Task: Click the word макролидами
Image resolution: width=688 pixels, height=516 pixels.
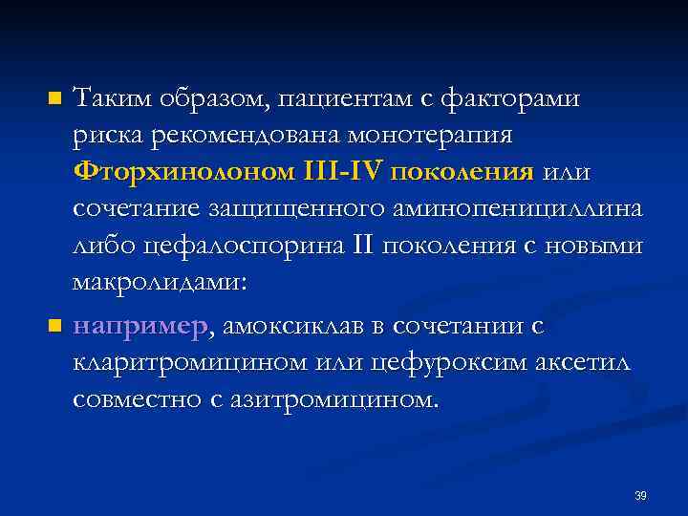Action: (x=158, y=284)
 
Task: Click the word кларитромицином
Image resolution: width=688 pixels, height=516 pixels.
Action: (x=194, y=363)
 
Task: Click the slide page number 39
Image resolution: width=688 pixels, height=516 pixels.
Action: (x=640, y=496)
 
